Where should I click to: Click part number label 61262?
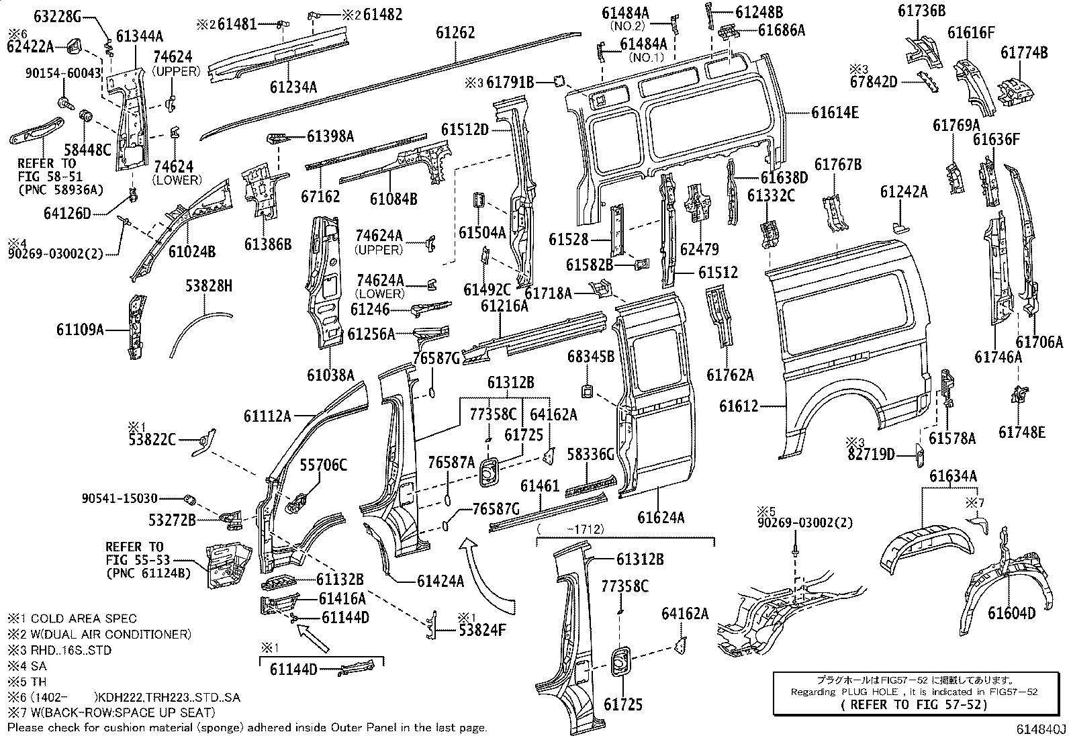point(455,32)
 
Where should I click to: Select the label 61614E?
point(835,113)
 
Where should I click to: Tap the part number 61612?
point(739,406)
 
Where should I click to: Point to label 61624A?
point(661,517)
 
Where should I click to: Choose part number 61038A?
point(330,375)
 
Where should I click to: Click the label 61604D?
point(1011,613)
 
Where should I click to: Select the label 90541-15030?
point(120,499)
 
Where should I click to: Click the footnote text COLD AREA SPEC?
point(83,618)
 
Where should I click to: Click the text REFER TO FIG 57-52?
point(915,704)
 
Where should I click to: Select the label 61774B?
point(1024,52)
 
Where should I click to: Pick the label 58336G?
point(591,455)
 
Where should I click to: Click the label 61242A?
point(904,193)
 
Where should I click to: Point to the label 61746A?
point(998,357)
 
